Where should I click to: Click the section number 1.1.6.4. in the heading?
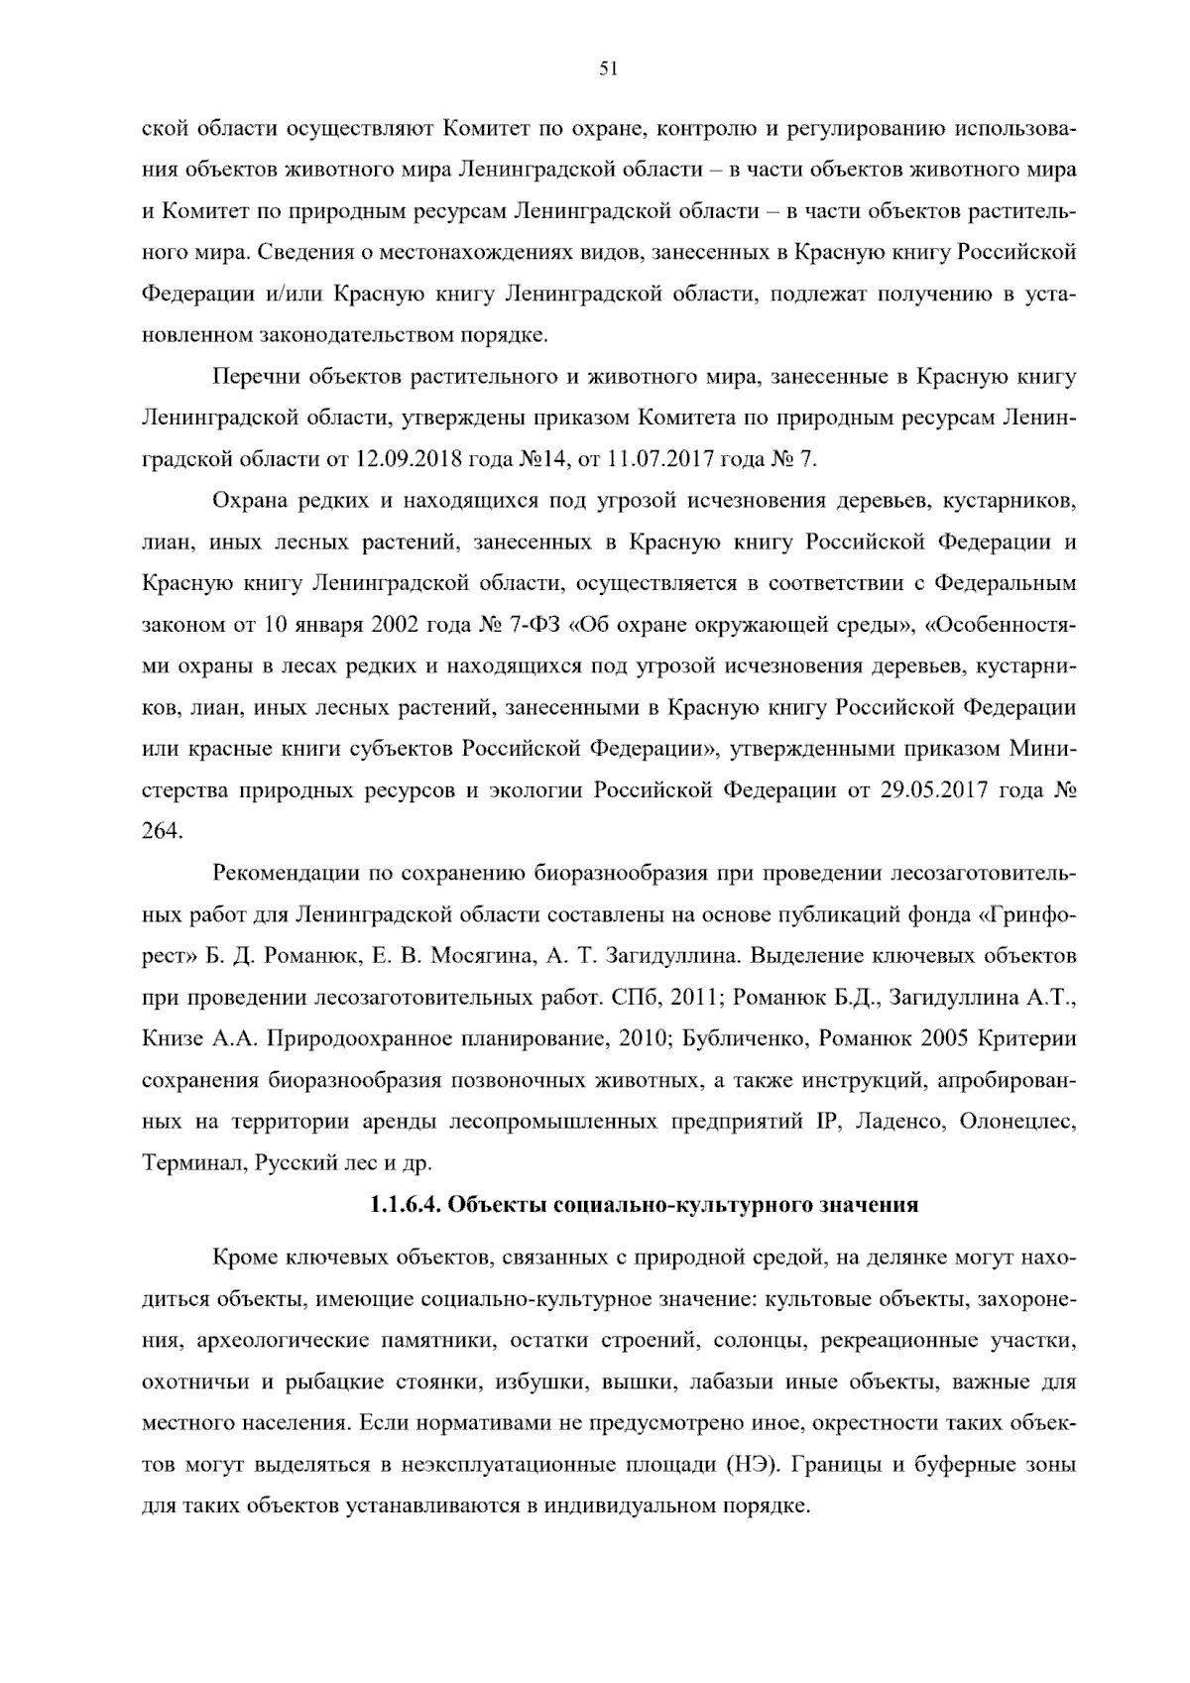coord(405,1205)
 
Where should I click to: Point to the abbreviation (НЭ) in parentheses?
coord(753,1465)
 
